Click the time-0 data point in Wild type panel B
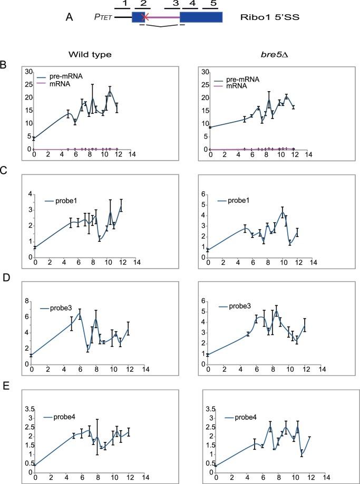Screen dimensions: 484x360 (x=34, y=139)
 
